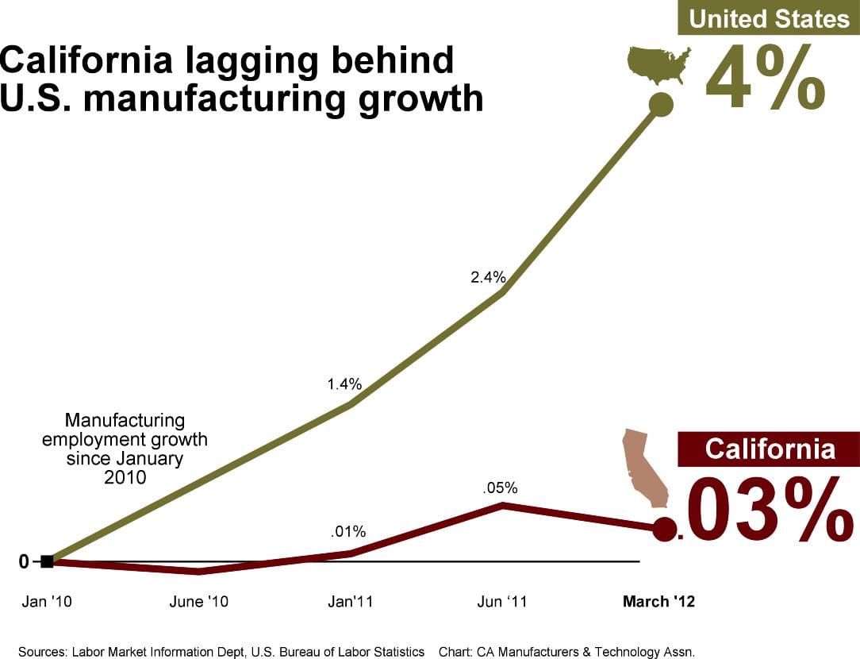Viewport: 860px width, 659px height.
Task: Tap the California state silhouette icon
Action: [x=643, y=468]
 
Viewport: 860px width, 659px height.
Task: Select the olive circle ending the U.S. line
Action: [x=661, y=104]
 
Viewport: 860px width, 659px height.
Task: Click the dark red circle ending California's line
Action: [x=665, y=529]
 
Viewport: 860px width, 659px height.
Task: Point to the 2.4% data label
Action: [x=488, y=277]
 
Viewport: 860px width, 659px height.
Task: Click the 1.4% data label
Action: [x=344, y=384]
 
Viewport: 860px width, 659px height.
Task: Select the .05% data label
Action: [x=500, y=488]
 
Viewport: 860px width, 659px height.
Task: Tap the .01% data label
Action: [x=348, y=531]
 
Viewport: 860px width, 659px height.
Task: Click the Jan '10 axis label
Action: [x=46, y=602]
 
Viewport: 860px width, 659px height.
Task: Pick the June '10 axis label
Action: [x=198, y=602]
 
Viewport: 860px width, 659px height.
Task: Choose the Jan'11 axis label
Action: [x=350, y=602]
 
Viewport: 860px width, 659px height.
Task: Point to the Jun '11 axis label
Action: [x=501, y=602]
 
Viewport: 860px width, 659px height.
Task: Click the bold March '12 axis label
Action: [x=658, y=602]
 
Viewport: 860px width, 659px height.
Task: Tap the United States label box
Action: [x=768, y=17]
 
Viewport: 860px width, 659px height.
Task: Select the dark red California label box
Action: [x=769, y=449]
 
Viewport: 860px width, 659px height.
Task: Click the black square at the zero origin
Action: [x=47, y=561]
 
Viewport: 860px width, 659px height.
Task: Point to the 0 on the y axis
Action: [x=24, y=561]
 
